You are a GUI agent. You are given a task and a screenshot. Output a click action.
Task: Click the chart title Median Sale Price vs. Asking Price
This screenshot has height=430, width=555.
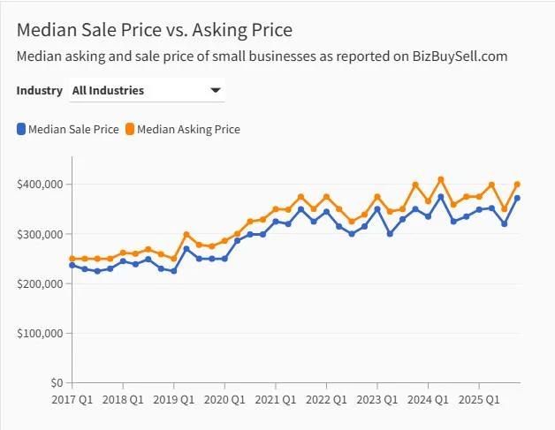tap(154, 30)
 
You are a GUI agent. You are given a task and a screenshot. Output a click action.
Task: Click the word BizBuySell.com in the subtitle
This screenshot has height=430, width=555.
tap(460, 57)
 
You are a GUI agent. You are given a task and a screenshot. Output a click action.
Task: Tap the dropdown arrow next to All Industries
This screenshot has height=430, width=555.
tap(215, 90)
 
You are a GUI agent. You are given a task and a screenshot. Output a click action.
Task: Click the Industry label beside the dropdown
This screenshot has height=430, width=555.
tap(40, 90)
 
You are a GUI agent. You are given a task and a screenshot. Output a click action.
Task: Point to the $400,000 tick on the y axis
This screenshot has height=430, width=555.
tap(39, 184)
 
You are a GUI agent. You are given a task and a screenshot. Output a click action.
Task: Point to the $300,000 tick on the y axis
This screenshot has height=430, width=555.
tap(39, 234)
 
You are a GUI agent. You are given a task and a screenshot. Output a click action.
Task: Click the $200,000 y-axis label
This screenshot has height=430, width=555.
tap(39, 283)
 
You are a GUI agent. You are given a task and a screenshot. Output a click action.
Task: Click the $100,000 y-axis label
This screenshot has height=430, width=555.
tap(39, 333)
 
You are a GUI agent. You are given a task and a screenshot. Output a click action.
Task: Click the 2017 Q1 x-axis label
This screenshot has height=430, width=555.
tap(72, 401)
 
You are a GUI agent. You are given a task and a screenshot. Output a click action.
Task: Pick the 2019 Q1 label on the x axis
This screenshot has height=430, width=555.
tap(174, 401)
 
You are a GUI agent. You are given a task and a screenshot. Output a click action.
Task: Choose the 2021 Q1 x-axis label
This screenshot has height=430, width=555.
tap(276, 401)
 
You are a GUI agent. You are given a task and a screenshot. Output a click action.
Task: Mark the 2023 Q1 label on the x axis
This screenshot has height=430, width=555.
tap(377, 401)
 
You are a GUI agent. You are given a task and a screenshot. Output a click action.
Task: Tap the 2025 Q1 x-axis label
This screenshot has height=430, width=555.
tap(479, 401)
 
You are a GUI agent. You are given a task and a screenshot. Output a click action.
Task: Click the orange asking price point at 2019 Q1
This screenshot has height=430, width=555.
tap(174, 259)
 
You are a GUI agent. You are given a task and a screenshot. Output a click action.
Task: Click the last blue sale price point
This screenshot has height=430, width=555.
tap(517, 198)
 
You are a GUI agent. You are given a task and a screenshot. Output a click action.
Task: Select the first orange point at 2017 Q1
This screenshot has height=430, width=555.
tap(72, 259)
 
